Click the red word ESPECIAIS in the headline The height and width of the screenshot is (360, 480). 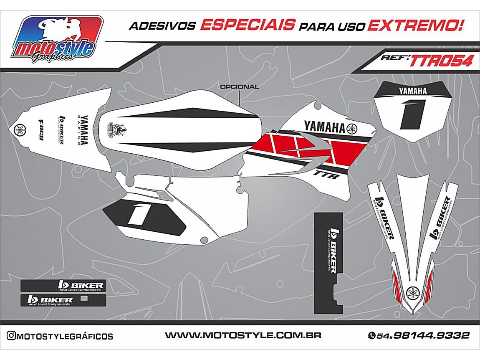(248, 25)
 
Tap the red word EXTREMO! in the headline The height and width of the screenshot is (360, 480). (415, 25)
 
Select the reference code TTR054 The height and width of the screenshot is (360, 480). (442, 61)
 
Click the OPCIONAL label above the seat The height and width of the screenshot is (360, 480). (239, 87)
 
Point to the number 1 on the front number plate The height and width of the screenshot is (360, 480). (412, 114)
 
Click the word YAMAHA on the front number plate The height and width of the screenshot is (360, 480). (412, 91)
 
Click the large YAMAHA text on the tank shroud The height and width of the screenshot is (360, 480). (324, 126)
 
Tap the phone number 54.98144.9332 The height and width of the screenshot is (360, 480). (423, 336)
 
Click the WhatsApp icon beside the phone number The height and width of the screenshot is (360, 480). (371, 336)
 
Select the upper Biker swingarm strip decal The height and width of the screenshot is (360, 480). (63, 286)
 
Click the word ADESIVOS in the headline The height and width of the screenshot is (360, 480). (162, 26)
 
